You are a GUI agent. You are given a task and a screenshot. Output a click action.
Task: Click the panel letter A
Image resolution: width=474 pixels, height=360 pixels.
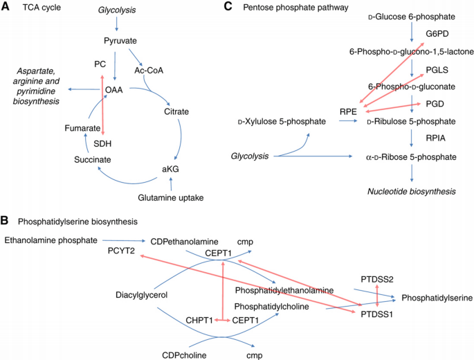point(6,8)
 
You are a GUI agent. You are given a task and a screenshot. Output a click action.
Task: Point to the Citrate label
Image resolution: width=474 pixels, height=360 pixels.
point(177,111)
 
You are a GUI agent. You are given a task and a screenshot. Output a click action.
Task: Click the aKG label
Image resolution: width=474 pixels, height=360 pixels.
point(170,170)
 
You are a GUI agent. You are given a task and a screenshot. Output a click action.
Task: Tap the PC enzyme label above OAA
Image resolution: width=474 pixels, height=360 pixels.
point(100,64)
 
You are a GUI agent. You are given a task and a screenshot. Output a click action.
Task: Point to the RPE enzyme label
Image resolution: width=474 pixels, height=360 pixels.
point(348,111)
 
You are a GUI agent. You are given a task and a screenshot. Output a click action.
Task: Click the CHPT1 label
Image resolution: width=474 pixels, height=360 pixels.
point(200,321)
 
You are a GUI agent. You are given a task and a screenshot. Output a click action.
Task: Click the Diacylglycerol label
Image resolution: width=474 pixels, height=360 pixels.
point(143,296)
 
